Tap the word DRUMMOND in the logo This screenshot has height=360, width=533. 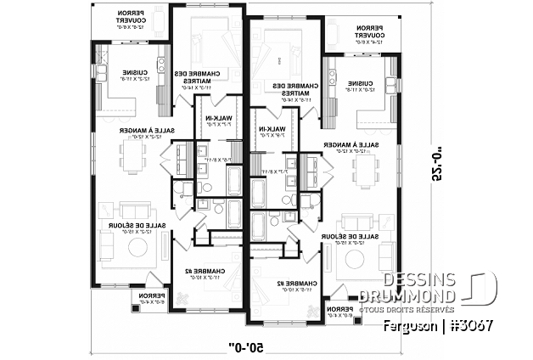point(419,295)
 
